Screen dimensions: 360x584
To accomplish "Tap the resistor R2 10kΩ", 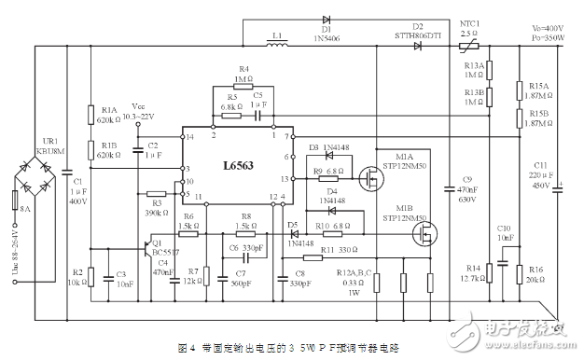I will [90, 276].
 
